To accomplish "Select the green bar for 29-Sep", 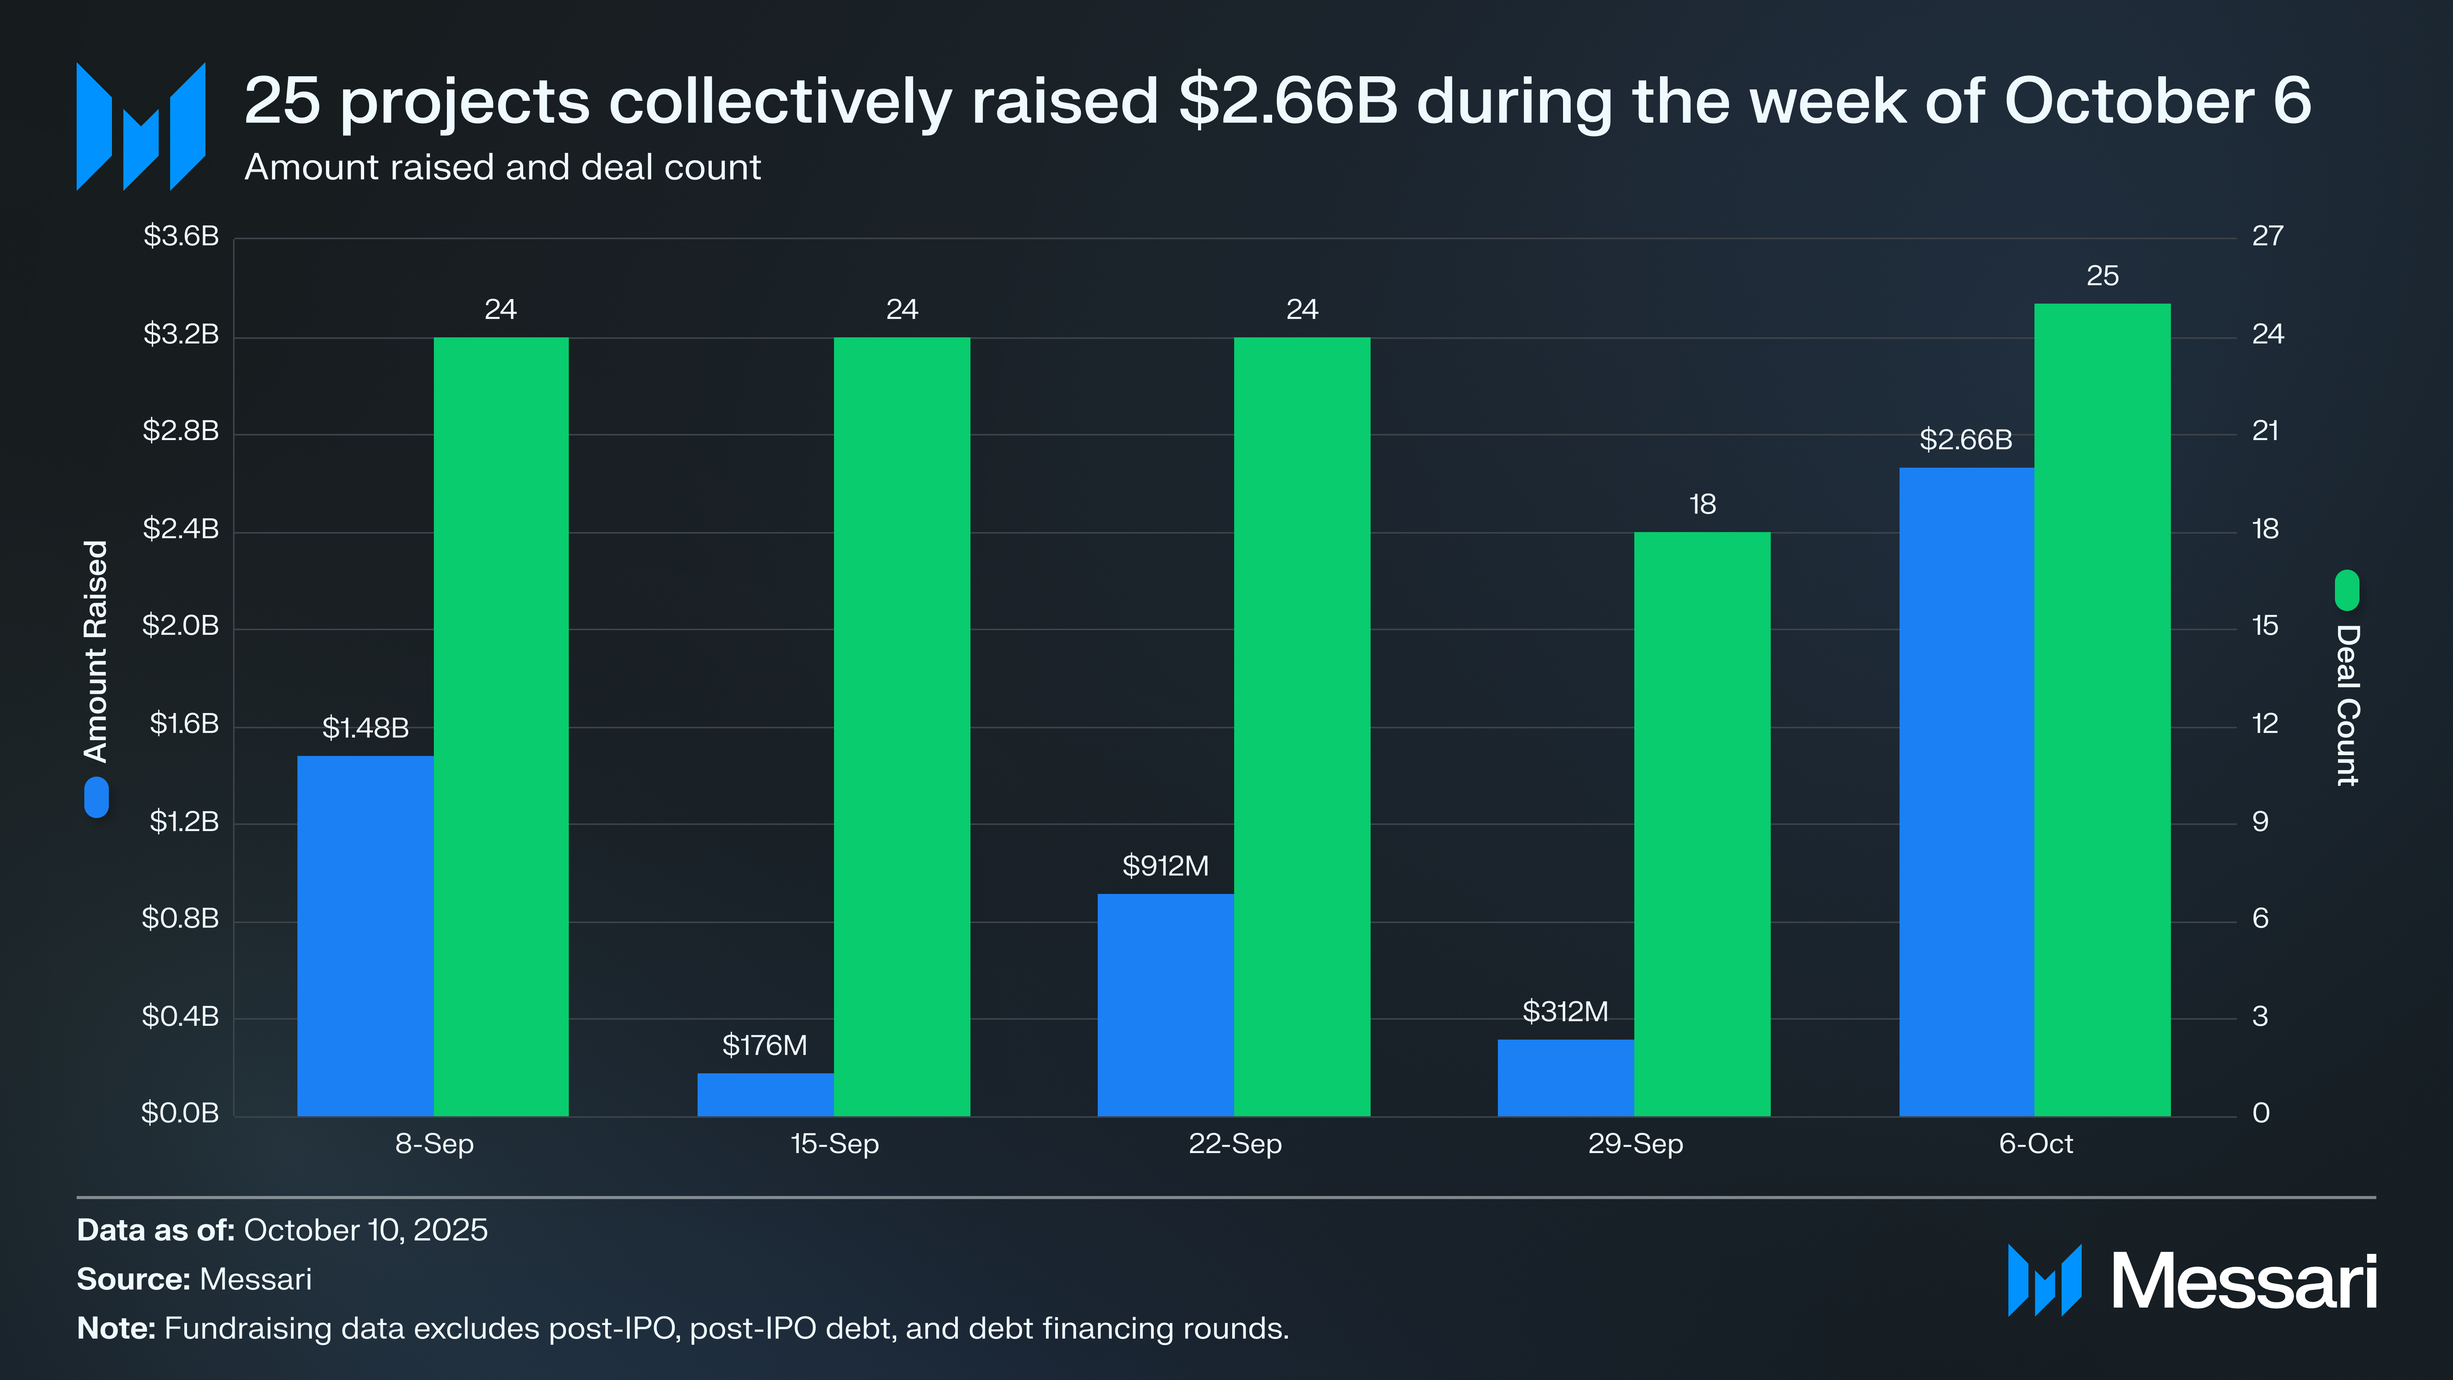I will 1702,824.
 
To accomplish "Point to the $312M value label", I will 1565,1012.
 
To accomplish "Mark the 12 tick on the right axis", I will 2264,724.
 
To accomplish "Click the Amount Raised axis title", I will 96,651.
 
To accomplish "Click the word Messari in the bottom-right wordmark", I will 2243,1282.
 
